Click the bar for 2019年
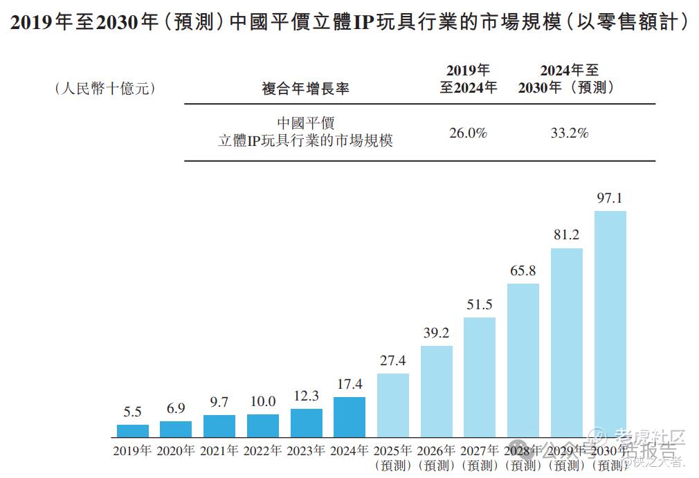point(133,431)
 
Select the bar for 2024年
point(349,417)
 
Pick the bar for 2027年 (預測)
point(480,377)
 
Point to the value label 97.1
point(610,199)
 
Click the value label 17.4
point(349,384)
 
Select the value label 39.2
point(437,333)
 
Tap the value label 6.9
point(176,408)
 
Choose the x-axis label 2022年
point(262,451)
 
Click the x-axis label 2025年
point(392,451)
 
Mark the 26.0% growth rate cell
point(469,133)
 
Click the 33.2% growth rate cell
point(569,133)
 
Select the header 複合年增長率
point(305,89)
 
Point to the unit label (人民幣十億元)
point(105,89)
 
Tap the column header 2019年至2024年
point(469,79)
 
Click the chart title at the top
point(349,22)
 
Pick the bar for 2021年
point(219,426)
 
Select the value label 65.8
point(523,270)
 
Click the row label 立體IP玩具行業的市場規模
point(305,140)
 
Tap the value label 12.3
point(306,396)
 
